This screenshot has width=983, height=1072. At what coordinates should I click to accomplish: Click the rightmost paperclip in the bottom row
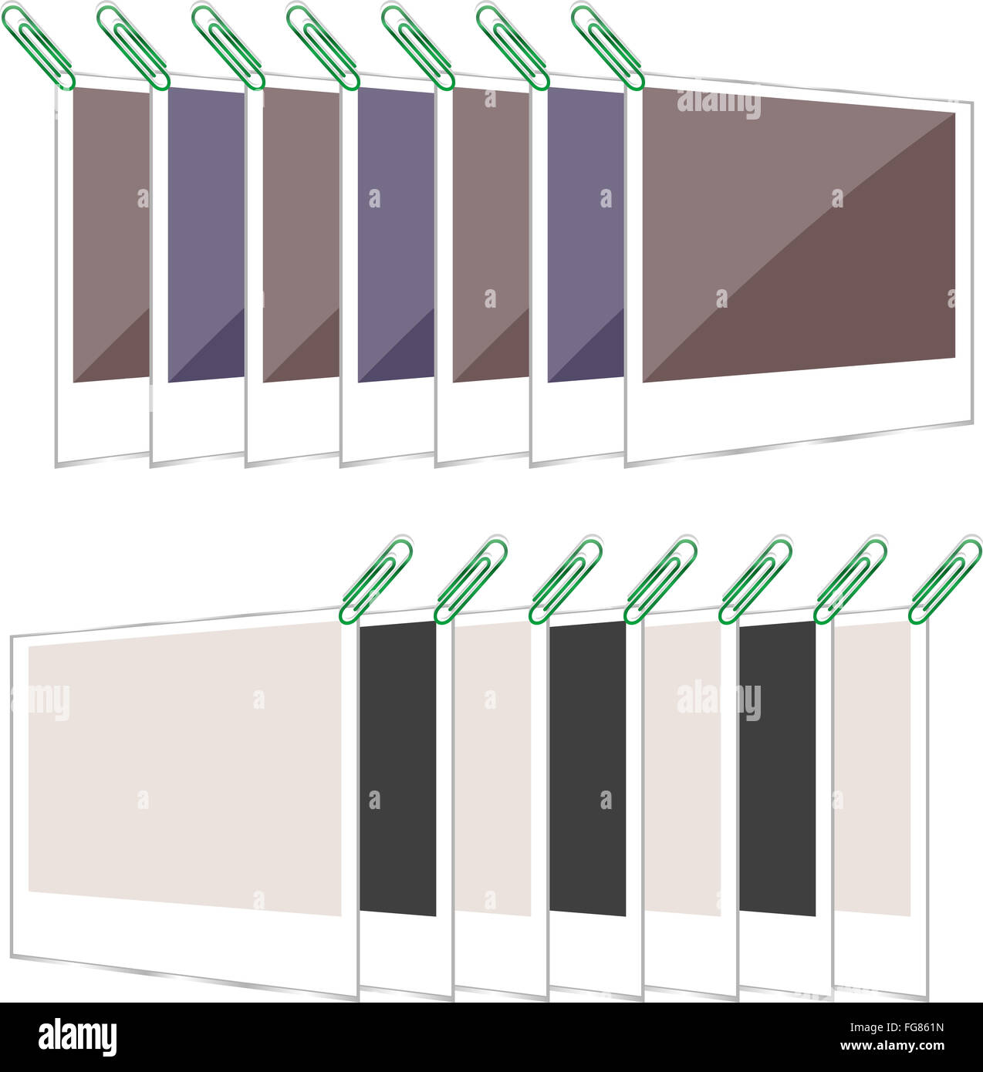coord(944,580)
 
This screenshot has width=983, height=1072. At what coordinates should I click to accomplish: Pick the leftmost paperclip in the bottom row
coord(375,580)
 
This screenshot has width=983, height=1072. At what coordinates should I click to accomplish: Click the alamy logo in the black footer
coord(77,1037)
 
